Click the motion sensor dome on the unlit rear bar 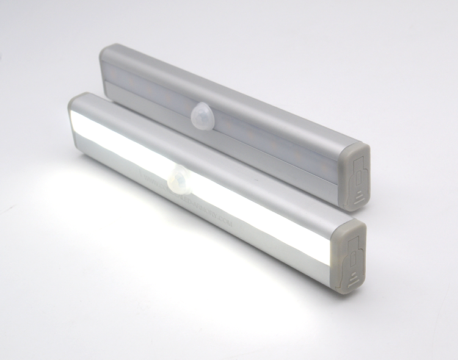point(202,113)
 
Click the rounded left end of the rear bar point(104,67)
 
